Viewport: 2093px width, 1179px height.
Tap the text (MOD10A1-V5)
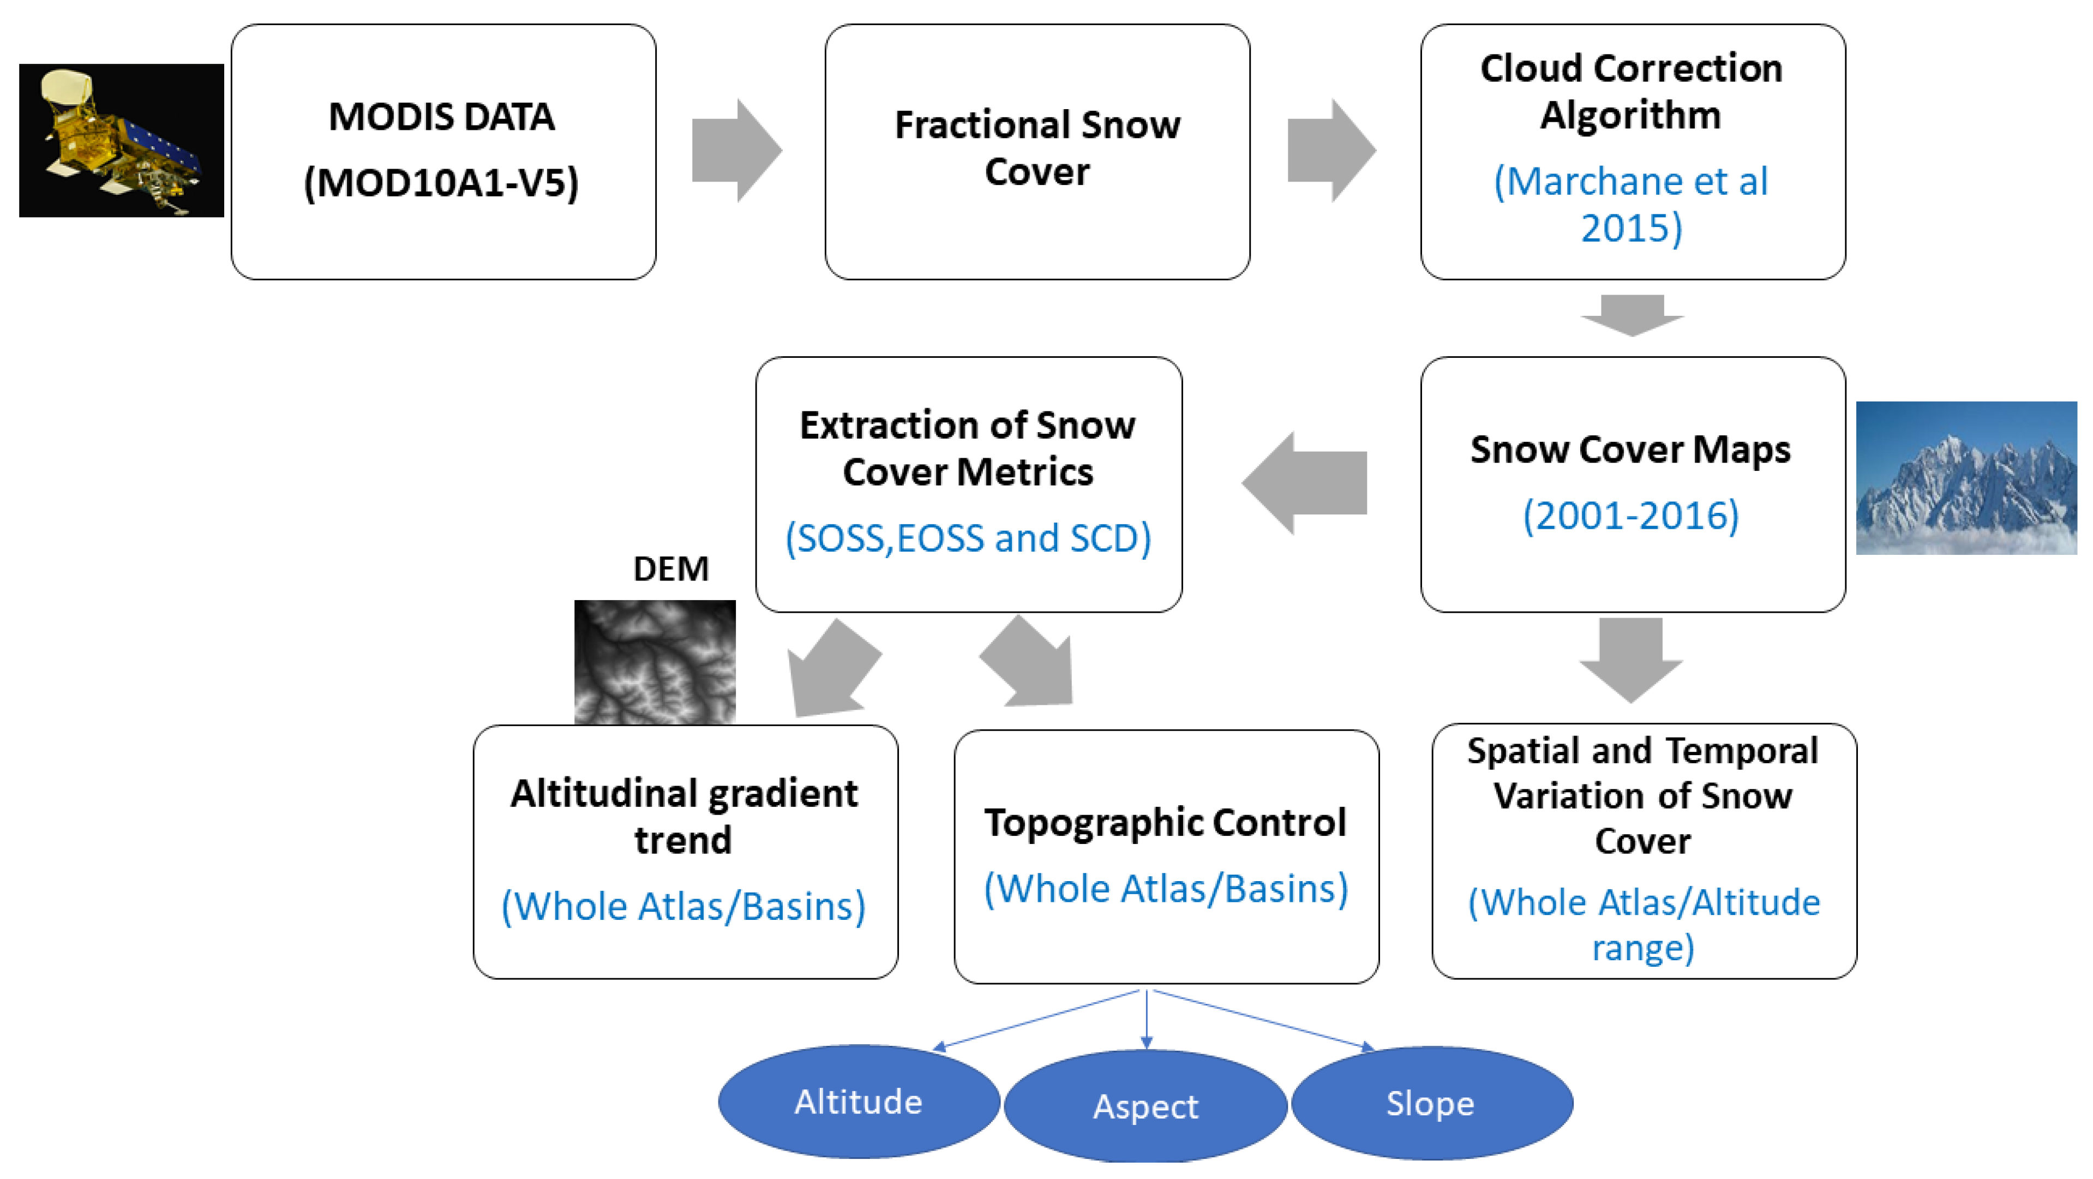(x=441, y=182)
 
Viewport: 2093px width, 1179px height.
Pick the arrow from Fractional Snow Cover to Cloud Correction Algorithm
(x=1330, y=151)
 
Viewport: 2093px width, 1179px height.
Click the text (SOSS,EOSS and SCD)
(x=968, y=538)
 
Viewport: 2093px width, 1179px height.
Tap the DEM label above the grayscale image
(x=670, y=569)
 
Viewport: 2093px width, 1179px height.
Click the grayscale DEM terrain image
(x=655, y=661)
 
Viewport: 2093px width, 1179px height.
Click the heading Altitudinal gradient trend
(x=683, y=816)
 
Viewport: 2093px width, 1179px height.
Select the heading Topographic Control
(x=1165, y=822)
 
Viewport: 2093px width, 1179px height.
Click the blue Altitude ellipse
(x=858, y=1102)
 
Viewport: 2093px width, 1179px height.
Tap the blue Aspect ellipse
(x=1145, y=1106)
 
